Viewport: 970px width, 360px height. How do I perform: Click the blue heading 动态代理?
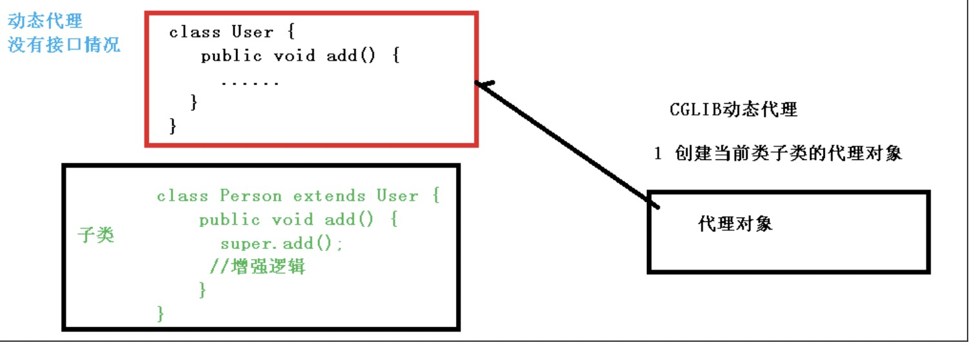coord(45,21)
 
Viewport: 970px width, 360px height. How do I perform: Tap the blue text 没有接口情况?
coord(64,46)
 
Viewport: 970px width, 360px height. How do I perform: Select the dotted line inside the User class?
coord(250,83)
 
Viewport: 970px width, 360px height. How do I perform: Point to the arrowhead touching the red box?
coord(482,84)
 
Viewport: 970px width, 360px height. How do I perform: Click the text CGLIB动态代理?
coord(734,110)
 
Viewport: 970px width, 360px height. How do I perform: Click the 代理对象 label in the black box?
coord(735,225)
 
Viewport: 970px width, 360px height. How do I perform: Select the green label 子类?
coord(95,235)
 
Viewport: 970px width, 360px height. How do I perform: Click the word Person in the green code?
coord(252,195)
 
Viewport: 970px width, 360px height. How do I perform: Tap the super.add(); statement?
coord(282,243)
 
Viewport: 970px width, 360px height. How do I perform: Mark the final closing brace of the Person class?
coord(161,314)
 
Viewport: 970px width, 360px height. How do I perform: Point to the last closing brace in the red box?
coord(172,125)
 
